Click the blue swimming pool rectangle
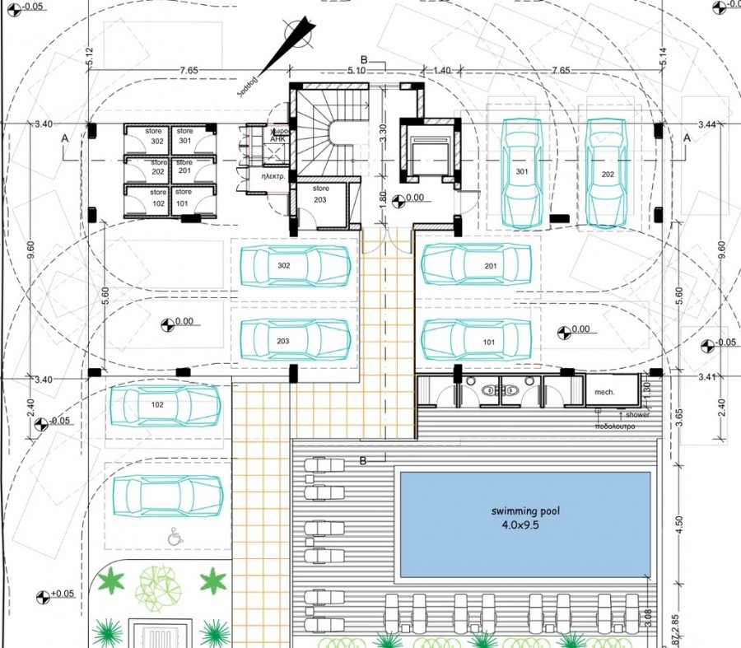click(524, 523)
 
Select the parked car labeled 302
click(295, 266)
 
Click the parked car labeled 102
click(165, 406)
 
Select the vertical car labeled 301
click(521, 174)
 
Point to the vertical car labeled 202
click(607, 174)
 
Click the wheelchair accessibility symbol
click(174, 537)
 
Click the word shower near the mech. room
click(636, 414)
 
